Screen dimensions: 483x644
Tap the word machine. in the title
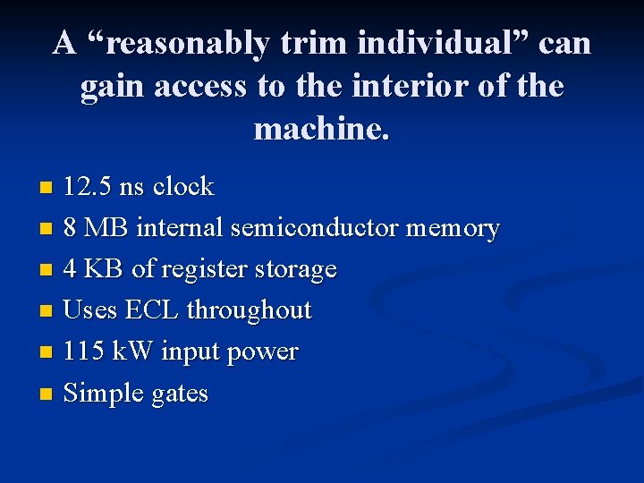pos(322,129)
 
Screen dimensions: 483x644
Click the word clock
pos(182,187)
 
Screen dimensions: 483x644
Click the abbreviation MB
pos(106,228)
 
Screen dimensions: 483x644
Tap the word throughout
pos(250,311)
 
